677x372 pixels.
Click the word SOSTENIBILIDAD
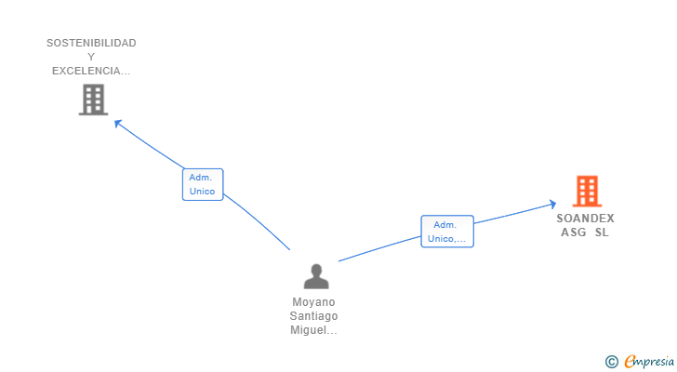(x=91, y=43)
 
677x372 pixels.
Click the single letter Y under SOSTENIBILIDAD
(x=91, y=57)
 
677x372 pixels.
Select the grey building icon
(x=93, y=100)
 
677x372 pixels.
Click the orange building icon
(x=587, y=192)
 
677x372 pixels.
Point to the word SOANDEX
(x=585, y=219)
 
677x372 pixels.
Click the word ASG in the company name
(x=574, y=232)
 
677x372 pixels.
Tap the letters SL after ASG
(x=602, y=232)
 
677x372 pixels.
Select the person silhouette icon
(x=316, y=276)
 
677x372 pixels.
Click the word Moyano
(x=313, y=302)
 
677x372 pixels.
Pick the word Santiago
(x=313, y=316)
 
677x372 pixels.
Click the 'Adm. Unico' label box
(x=203, y=185)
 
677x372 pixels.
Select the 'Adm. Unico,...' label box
(x=447, y=232)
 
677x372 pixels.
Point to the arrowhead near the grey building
(x=118, y=124)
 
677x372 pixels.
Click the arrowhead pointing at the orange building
(x=552, y=204)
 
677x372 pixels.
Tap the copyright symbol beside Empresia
(x=612, y=362)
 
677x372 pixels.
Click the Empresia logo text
(x=648, y=362)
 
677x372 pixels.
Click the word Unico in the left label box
(x=202, y=192)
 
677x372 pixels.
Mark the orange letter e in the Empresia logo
(x=631, y=361)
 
